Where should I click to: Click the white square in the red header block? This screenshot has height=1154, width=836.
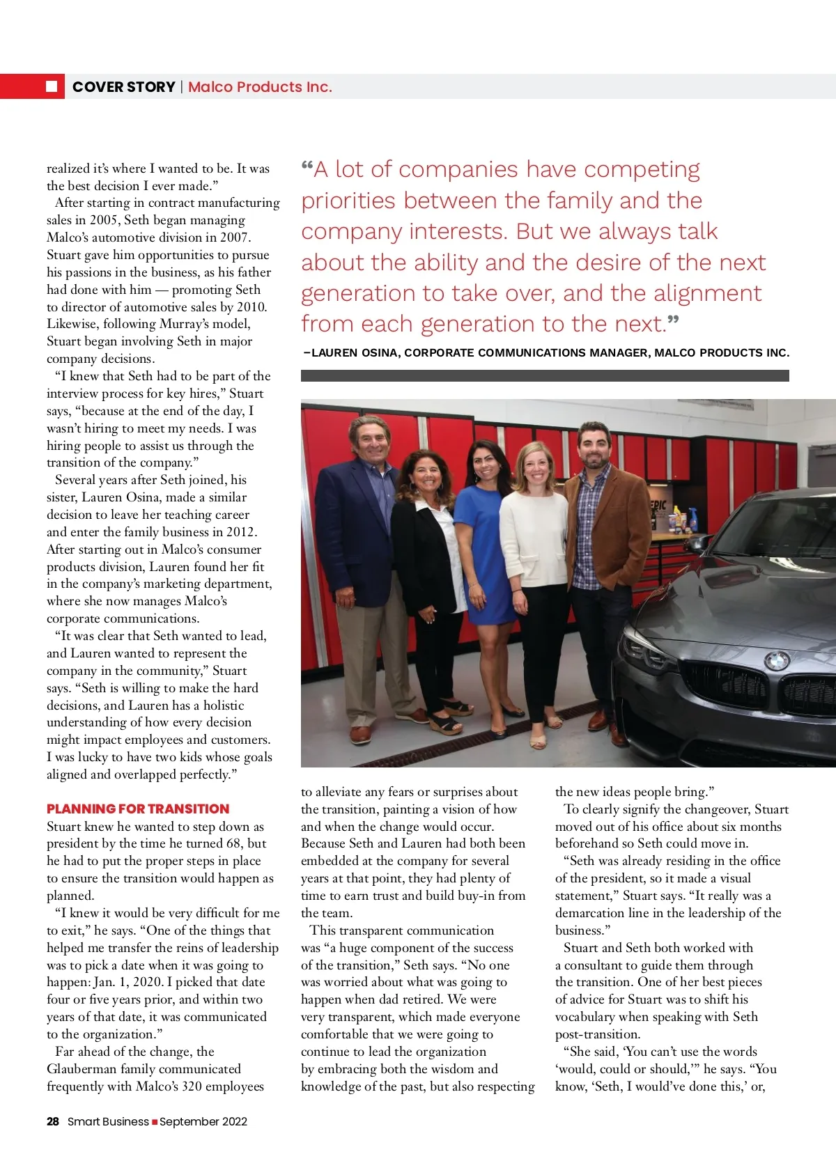52,86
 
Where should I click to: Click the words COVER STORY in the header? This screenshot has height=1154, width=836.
123,87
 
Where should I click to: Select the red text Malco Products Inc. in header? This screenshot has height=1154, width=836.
260,87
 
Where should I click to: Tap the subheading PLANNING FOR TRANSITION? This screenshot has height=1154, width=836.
138,809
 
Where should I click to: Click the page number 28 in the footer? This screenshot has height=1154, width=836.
53,1121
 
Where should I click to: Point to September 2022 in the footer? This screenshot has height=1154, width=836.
203,1121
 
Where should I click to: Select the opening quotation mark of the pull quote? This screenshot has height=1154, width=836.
307,167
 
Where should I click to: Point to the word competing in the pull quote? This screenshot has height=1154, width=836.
642,169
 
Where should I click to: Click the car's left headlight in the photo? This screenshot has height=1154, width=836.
648,651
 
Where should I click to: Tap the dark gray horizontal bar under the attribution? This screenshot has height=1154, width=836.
544,376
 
